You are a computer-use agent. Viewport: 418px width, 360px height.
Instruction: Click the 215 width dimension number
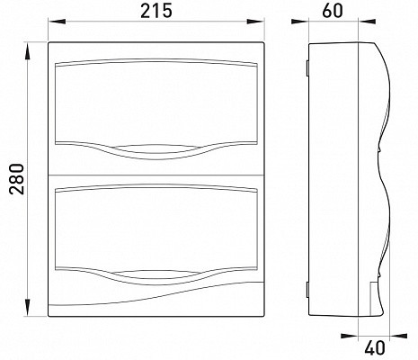pyautogui.click(x=156, y=11)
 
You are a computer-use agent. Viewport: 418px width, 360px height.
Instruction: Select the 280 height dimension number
pyautogui.click(x=17, y=179)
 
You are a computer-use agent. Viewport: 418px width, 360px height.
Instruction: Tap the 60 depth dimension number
pyautogui.click(x=333, y=11)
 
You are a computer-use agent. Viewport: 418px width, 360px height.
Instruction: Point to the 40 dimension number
pyautogui.click(x=375, y=348)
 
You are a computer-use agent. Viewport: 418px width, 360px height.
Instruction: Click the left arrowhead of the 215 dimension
pyautogui.click(x=57, y=22)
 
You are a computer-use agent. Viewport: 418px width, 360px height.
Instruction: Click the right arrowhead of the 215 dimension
pyautogui.click(x=255, y=22)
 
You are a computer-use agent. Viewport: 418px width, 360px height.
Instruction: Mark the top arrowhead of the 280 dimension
pyautogui.click(x=28, y=51)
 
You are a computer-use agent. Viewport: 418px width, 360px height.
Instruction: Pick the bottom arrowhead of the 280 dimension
pyautogui.click(x=28, y=307)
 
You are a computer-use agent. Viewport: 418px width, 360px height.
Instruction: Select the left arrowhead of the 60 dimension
pyautogui.click(x=300, y=22)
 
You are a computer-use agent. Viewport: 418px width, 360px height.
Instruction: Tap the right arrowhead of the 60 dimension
pyautogui.click(x=367, y=22)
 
